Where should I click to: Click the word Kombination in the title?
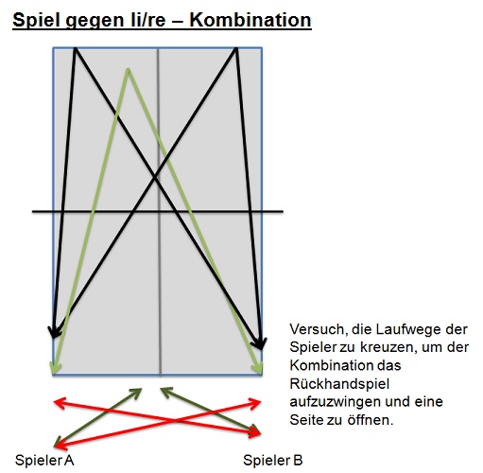pyautogui.click(x=250, y=20)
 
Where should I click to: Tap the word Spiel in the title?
pyautogui.click(x=36, y=21)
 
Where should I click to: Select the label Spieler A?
pyautogui.click(x=44, y=460)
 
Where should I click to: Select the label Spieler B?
pyautogui.click(x=273, y=460)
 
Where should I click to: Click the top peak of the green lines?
pyautogui.click(x=128, y=69)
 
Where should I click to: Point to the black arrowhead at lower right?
pyautogui.click(x=260, y=343)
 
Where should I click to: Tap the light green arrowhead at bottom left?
pyautogui.click(x=55, y=368)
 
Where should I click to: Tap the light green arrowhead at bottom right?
pyautogui.click(x=258, y=368)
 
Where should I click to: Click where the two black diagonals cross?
pyautogui.click(x=155, y=178)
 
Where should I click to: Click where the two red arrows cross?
pyautogui.click(x=175, y=420)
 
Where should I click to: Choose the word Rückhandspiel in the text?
pyautogui.click(x=339, y=384)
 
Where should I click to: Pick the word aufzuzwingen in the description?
pyautogui.click(x=335, y=402)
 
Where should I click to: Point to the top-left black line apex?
pyautogui.click(x=75, y=48)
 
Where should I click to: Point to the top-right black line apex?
pyautogui.click(x=236, y=48)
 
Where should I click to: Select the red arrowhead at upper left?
pyautogui.click(x=60, y=403)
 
